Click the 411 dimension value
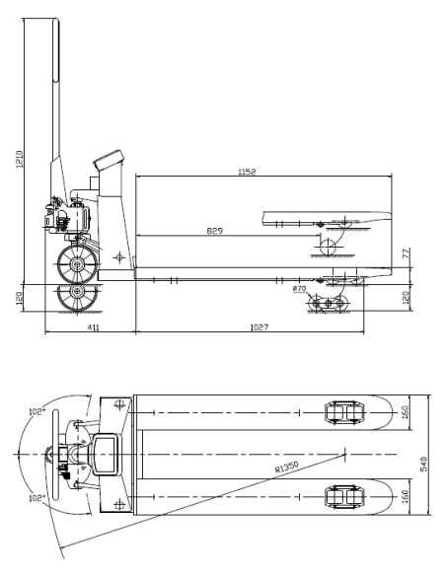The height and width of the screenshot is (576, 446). [90, 324]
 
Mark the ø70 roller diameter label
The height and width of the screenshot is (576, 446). [300, 288]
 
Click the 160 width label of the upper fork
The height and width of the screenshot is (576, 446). [404, 409]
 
